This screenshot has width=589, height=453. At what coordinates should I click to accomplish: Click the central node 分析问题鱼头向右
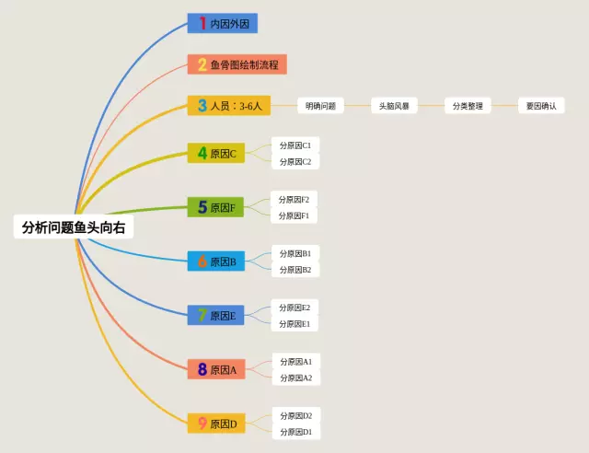tap(74, 226)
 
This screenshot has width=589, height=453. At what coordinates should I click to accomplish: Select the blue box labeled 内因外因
tap(223, 23)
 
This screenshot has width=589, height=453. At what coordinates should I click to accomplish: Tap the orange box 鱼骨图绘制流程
tap(237, 64)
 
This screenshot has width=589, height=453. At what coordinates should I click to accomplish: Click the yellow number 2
tap(202, 64)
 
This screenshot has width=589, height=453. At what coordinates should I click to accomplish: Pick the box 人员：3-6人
tap(229, 105)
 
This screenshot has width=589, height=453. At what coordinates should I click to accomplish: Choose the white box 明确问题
tap(320, 106)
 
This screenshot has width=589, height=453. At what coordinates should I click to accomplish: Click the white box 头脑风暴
tap(394, 106)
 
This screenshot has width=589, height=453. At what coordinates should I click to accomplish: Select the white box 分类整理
tap(468, 106)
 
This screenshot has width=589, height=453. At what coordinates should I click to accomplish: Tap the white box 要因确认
tap(541, 106)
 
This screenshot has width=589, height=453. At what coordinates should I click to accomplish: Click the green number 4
tap(202, 153)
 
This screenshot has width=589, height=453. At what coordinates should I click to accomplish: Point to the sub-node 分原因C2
tap(295, 161)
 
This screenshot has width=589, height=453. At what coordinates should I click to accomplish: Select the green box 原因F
tap(215, 207)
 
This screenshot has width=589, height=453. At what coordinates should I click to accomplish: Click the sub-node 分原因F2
tap(294, 199)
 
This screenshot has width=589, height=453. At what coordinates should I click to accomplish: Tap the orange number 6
tap(202, 261)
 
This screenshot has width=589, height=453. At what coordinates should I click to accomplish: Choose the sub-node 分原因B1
tap(295, 253)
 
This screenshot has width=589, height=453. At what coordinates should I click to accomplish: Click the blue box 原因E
tap(215, 315)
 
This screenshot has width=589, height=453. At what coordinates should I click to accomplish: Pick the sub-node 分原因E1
tap(294, 324)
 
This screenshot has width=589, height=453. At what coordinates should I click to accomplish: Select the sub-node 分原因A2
tap(296, 377)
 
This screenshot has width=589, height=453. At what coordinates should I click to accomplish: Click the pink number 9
tap(202, 424)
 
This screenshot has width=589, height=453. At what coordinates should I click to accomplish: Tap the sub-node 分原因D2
tap(296, 415)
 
